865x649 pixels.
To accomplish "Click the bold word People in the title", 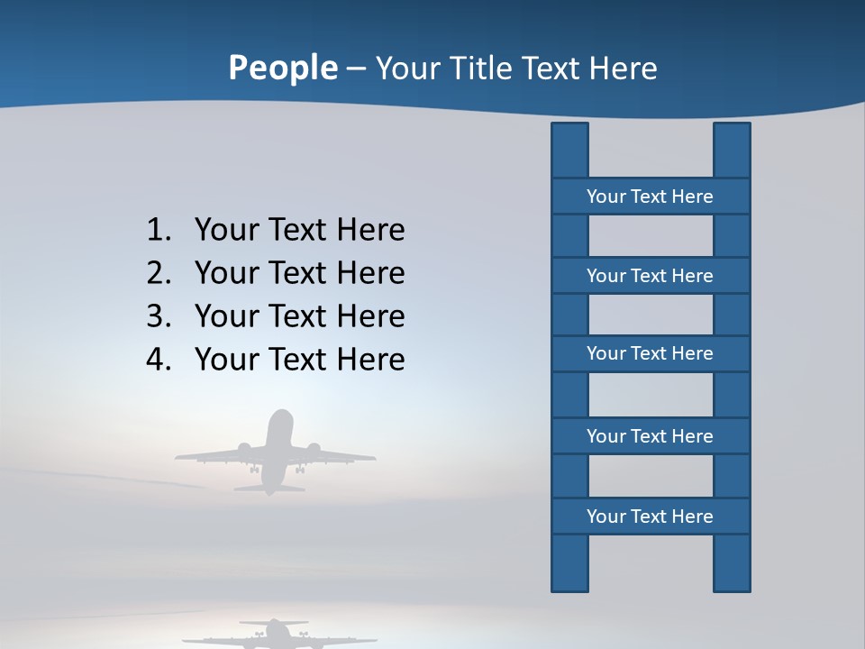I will coord(282,68).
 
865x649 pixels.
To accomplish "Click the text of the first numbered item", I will coord(299,231).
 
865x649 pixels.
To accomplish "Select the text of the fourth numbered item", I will coord(299,360).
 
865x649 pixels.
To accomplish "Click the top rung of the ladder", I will coord(650,197).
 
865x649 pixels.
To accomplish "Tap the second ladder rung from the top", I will coord(650,276).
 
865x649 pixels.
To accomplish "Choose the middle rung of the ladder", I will coord(650,354).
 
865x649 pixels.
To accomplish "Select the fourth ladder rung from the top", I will coord(650,436).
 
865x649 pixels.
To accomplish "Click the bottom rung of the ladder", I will coord(650,516).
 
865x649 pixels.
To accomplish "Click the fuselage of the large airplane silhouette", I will coord(279,446).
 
